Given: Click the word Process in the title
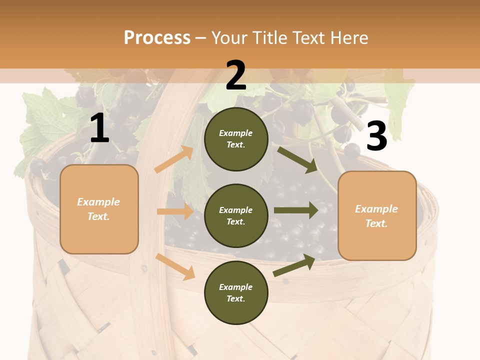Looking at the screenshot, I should tap(157, 37).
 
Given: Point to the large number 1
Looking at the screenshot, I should tap(99, 128).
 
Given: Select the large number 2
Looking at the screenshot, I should tap(236, 75).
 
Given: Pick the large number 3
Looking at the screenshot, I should tap(376, 136).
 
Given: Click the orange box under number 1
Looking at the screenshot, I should tap(99, 209).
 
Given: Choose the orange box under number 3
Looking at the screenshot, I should tap(377, 215).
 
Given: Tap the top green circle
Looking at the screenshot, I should tap(236, 139).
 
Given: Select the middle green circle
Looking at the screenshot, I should tap(236, 215).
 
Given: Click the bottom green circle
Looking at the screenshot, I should tap(236, 292).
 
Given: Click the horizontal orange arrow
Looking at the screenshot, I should tap(175, 211).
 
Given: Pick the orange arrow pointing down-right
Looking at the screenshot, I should tap(175, 266).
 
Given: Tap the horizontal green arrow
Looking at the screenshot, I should tap(296, 210).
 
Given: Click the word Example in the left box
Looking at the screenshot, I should tap(98, 202).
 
